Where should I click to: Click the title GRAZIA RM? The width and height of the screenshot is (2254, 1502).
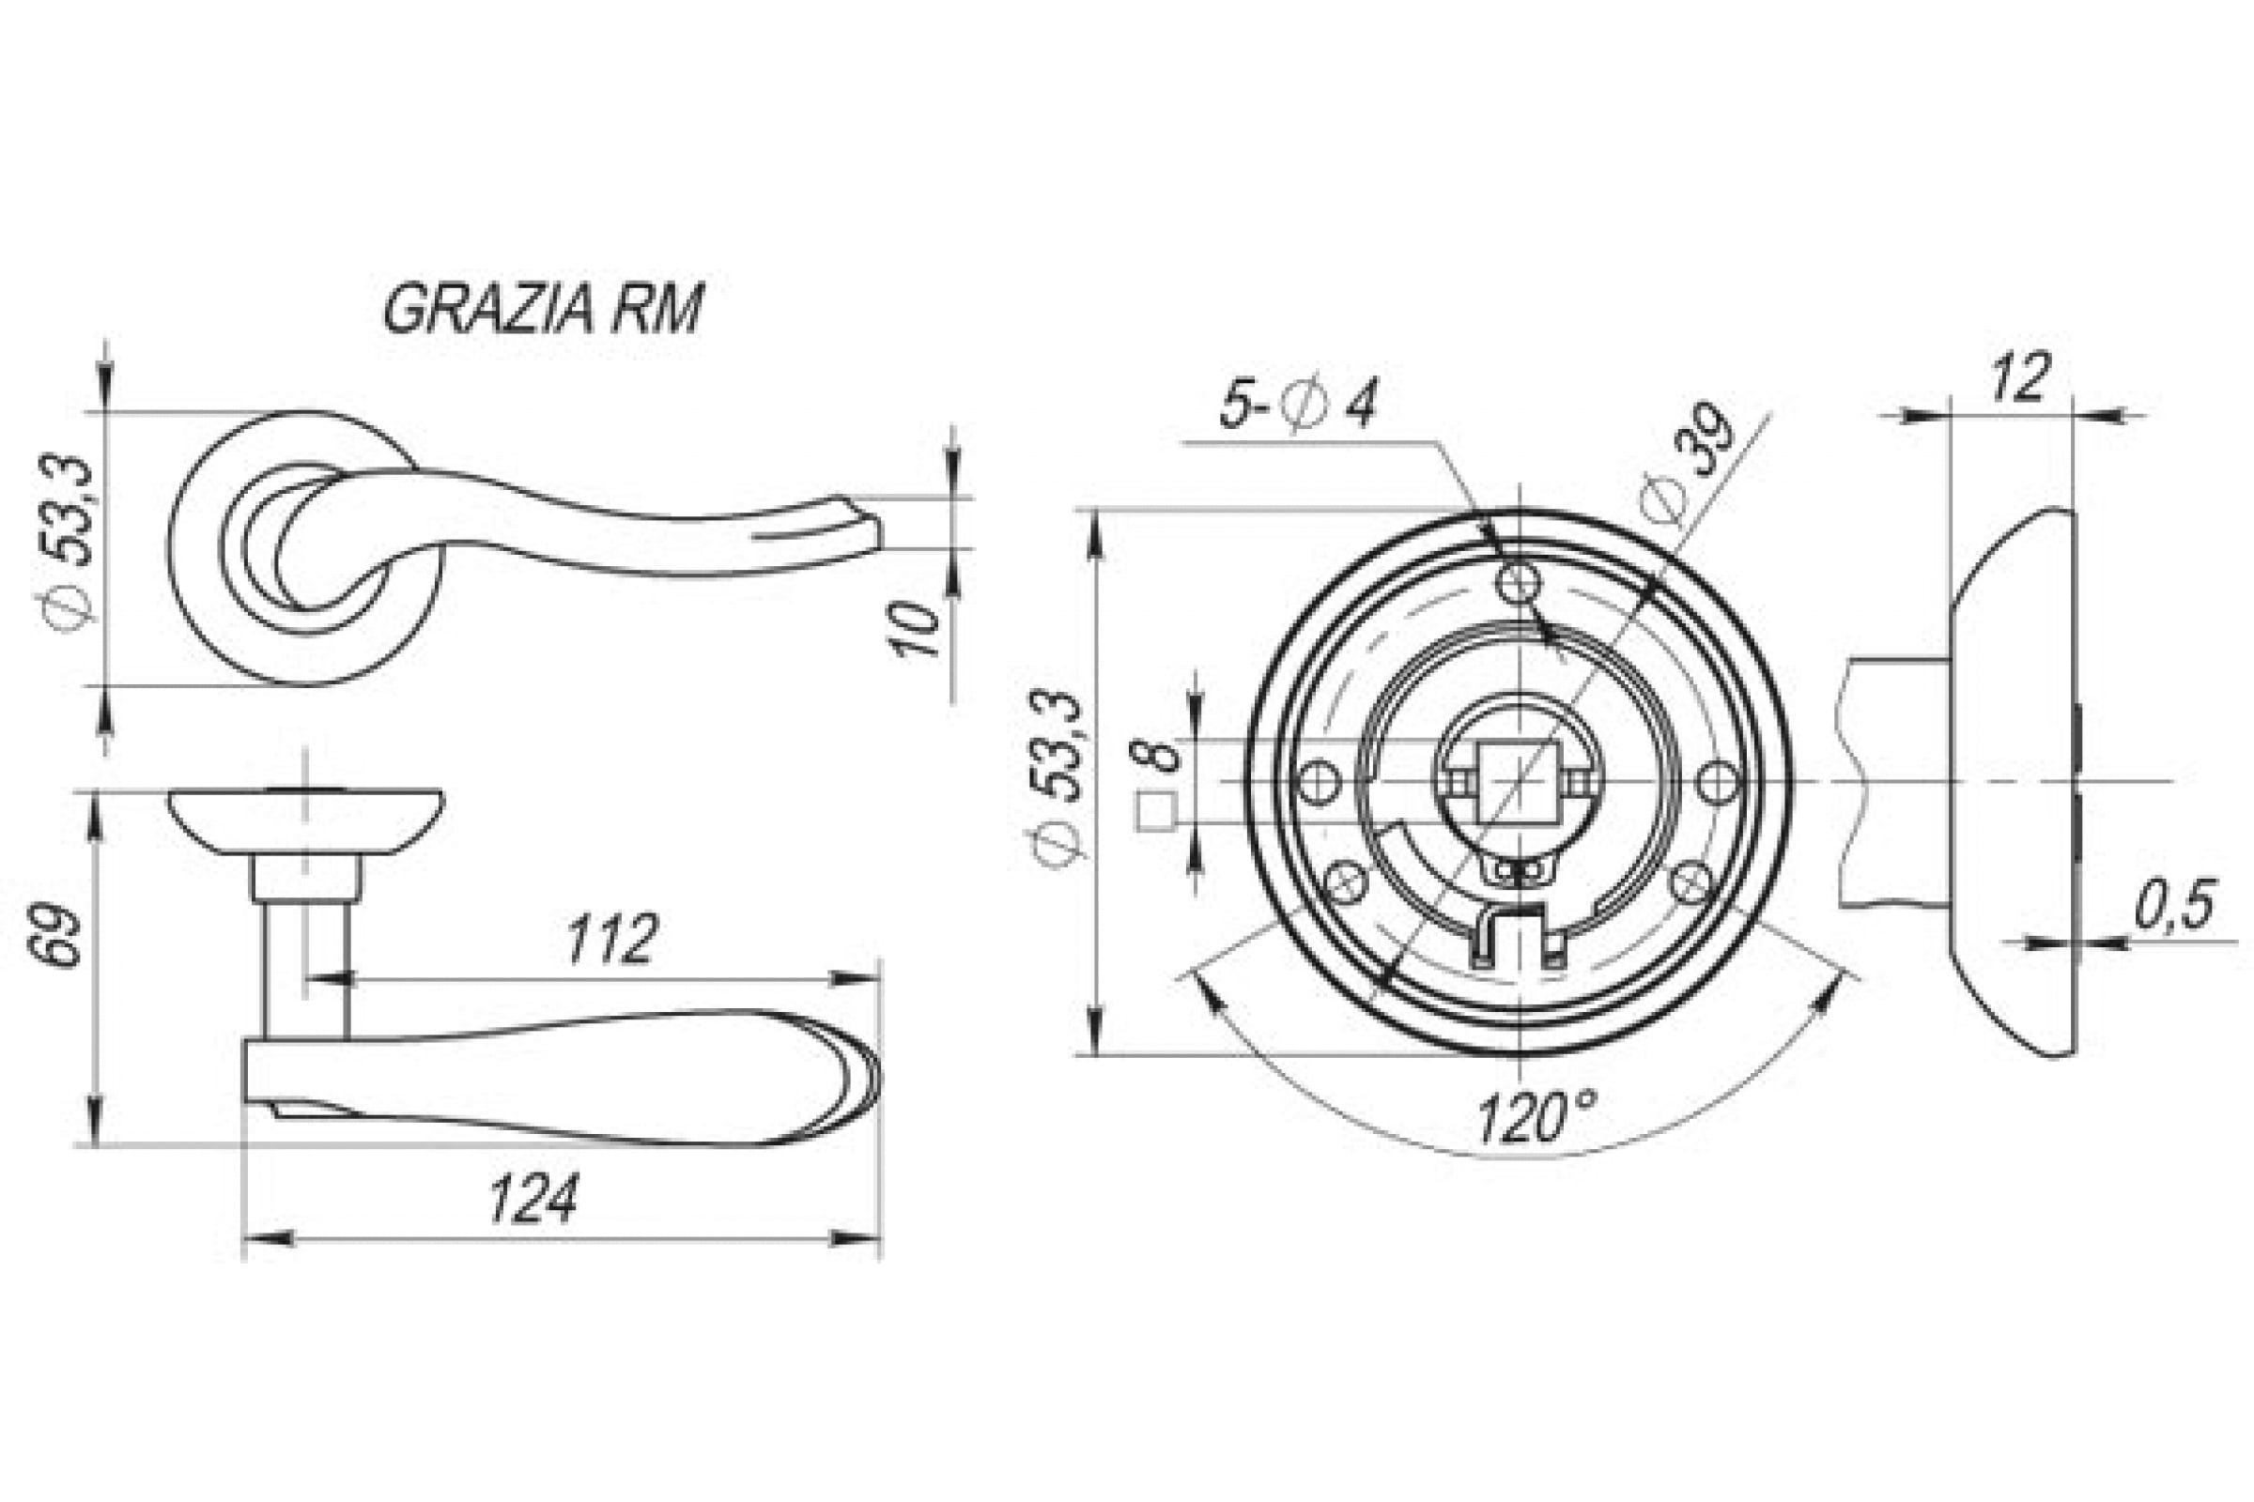pos(544,309)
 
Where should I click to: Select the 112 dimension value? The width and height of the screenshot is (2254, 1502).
pos(611,940)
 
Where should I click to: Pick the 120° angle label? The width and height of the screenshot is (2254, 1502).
pos(1536,1118)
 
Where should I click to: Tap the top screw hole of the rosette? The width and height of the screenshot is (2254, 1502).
pos(1519,581)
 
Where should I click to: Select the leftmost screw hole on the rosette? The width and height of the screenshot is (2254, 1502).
pos(1319,782)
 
